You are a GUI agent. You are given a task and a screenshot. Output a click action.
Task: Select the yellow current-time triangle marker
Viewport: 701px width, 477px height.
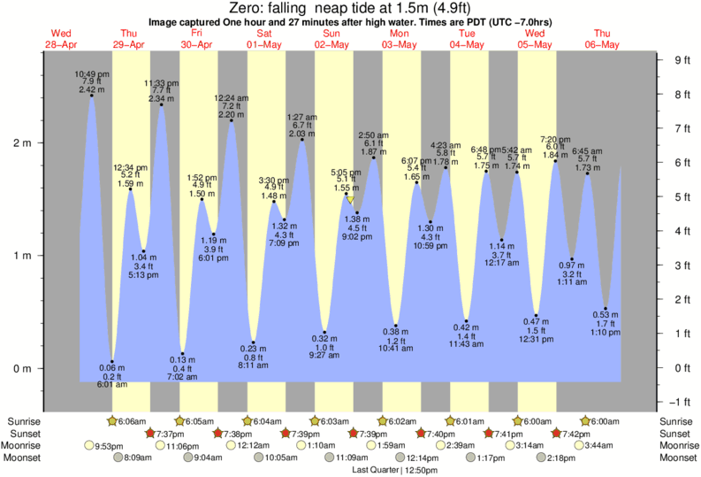tap(349, 200)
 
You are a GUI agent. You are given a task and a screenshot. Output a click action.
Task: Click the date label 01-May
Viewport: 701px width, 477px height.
tap(264, 44)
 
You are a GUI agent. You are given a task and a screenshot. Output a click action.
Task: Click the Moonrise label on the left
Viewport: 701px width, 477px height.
tap(27, 445)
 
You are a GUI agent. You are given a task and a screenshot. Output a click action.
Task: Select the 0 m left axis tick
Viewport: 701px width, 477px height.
tap(24, 368)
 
